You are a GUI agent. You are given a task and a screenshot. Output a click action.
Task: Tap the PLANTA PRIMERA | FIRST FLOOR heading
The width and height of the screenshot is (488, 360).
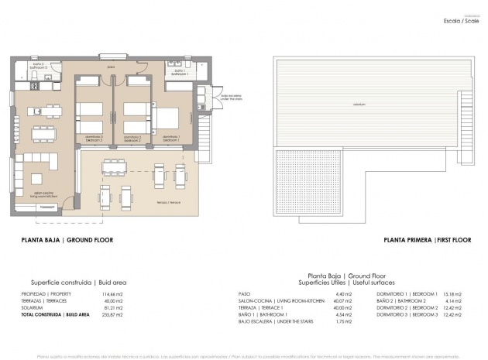428,241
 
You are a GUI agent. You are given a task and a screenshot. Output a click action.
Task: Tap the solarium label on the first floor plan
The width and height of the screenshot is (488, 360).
359,104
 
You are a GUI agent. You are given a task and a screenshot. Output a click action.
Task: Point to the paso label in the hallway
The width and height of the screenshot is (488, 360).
112,67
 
